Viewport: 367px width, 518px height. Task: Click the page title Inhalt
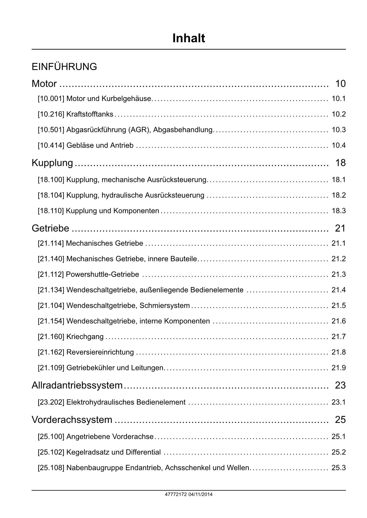pos(189,38)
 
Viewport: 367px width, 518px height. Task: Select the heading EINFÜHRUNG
pos(64,67)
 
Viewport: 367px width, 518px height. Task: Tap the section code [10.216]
pos(51,114)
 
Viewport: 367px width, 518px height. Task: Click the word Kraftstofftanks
pos(90,114)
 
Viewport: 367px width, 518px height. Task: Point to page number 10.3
pos(339,130)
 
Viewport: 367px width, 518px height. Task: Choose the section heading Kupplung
pos(52,163)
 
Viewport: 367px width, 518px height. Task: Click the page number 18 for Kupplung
pos(340,163)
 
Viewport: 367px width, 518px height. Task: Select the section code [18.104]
pos(51,196)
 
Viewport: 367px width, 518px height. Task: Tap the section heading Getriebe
pos(50,228)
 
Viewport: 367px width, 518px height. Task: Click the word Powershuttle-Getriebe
pos(102,275)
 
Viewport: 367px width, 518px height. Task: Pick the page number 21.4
pos(339,290)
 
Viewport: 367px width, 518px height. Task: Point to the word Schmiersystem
pos(164,306)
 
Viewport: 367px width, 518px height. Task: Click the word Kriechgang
pos(85,337)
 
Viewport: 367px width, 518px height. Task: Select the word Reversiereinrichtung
pos(100,352)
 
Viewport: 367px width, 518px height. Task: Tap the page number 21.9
pos(339,368)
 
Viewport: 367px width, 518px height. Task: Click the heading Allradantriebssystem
pos(77,385)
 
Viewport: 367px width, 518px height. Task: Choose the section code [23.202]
pos(51,402)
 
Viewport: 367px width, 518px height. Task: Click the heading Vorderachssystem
pos(72,420)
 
